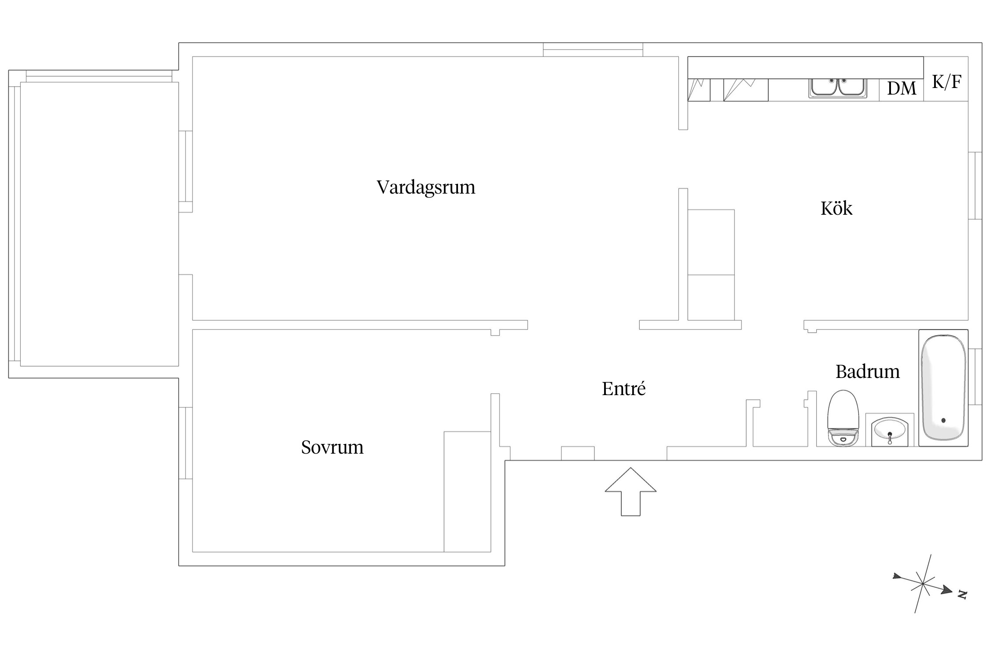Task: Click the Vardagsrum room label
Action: point(426,187)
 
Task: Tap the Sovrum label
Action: point(332,447)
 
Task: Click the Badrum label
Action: point(867,371)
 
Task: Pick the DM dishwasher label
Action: point(902,88)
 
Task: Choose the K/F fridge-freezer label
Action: point(946,82)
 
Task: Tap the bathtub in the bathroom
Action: point(943,388)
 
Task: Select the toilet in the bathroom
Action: point(843,418)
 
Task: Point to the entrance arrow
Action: point(631,491)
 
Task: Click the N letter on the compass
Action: point(962,595)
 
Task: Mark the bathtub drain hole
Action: point(943,421)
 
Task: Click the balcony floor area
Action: point(99,224)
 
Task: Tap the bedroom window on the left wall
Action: point(185,443)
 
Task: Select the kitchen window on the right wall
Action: point(975,186)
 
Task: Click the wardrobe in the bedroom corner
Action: point(467,491)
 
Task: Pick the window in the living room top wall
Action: point(593,50)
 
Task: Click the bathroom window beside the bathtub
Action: point(975,377)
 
